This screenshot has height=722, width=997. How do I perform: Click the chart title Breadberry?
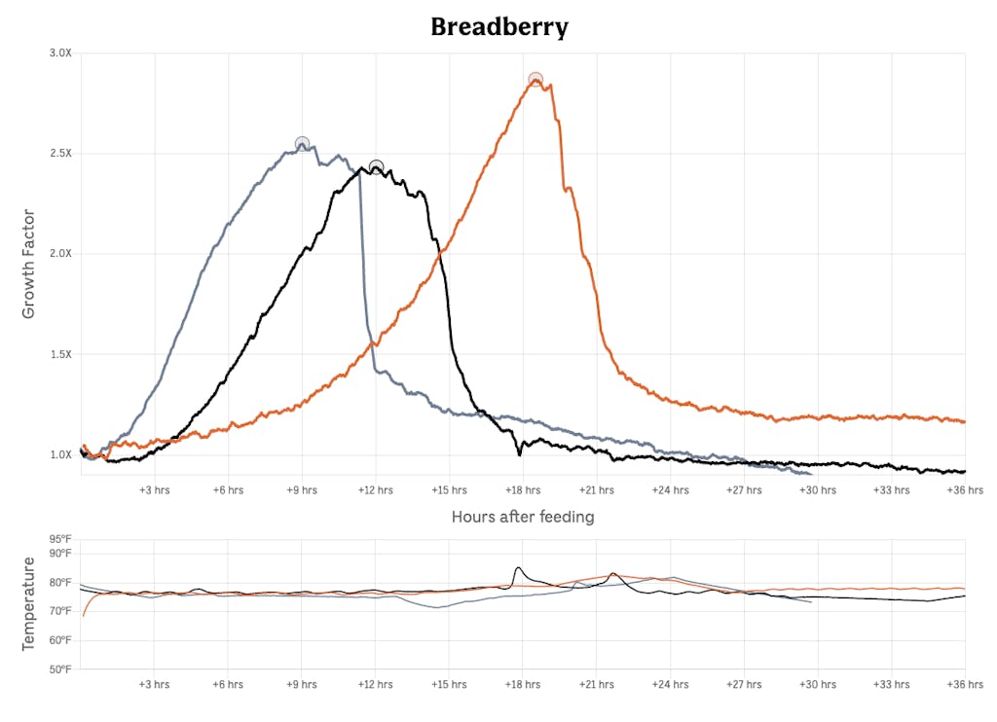(498, 26)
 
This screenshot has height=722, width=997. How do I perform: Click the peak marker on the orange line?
(535, 80)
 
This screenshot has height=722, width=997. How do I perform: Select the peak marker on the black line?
(376, 167)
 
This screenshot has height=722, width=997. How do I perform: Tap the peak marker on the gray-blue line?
(302, 144)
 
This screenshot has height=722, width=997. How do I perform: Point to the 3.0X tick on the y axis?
(60, 54)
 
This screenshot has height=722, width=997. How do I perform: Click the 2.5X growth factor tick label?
(60, 154)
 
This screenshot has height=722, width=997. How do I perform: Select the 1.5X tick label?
(60, 354)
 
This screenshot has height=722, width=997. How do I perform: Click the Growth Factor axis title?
(28, 264)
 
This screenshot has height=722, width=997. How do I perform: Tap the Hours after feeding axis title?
(523, 517)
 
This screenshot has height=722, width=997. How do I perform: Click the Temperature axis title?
(28, 603)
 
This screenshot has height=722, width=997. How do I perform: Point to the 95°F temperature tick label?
(60, 539)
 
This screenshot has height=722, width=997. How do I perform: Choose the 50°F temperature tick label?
(60, 669)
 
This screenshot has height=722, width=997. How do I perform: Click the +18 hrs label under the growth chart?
(522, 490)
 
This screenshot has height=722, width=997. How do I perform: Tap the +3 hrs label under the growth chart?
(154, 490)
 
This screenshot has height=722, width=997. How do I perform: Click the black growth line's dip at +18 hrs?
(520, 453)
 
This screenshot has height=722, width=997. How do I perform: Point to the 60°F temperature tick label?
(60, 640)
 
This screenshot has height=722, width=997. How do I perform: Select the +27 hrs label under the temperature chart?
(743, 684)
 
